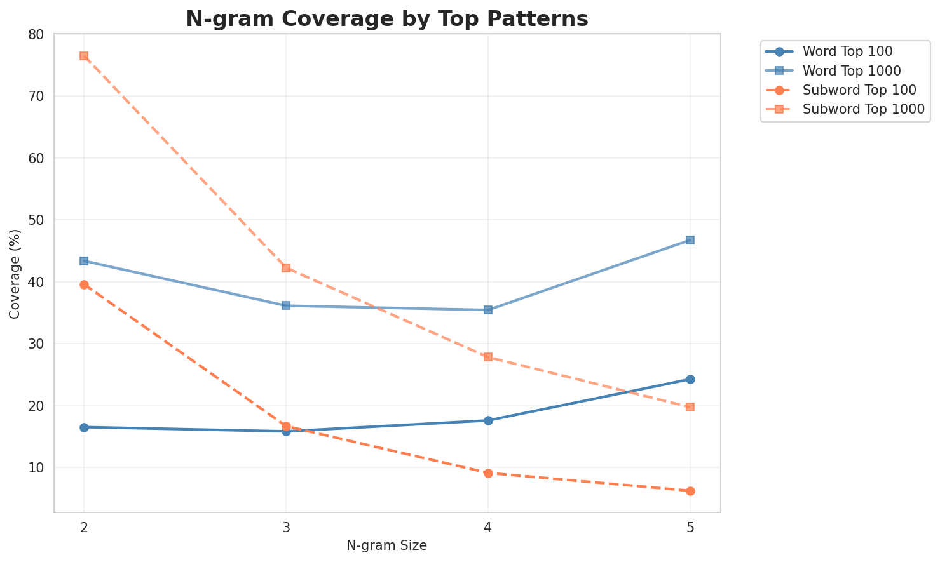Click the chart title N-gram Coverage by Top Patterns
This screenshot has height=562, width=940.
386,19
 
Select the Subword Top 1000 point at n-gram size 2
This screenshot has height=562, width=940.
84,56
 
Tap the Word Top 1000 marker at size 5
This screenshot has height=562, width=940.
690,240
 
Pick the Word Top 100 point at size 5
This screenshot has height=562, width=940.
690,379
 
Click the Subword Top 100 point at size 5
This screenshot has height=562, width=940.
690,491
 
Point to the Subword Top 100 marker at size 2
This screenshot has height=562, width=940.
84,284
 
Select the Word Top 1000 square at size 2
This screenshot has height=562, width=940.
84,261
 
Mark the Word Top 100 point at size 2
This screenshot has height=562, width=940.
84,427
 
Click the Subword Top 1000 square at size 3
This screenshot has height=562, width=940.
286,268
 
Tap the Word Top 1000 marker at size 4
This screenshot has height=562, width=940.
488,310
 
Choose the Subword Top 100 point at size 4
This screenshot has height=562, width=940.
488,473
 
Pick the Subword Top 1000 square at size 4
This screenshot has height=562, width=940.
488,357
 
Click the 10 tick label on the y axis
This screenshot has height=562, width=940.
39,468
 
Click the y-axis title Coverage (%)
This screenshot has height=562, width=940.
15,273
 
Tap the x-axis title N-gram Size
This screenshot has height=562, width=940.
386,545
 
